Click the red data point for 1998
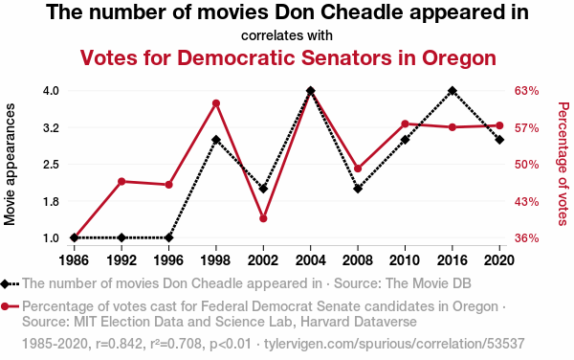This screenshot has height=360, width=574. pyautogui.click(x=216, y=103)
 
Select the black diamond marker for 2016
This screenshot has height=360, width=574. pyautogui.click(x=453, y=90)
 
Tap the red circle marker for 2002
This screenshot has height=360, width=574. pyautogui.click(x=263, y=218)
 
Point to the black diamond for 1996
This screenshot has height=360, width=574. pyautogui.click(x=168, y=237)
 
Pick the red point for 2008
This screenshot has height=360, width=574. pyautogui.click(x=358, y=169)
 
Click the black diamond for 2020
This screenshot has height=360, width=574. pyautogui.click(x=499, y=140)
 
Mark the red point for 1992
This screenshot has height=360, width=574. pyautogui.click(x=121, y=181)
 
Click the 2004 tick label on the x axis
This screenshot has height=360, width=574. pyautogui.click(x=310, y=260)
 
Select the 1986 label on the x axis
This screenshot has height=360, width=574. pyautogui.click(x=74, y=260)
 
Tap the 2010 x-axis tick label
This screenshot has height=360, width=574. pyautogui.click(x=405, y=260)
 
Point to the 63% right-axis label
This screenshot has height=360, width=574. pyautogui.click(x=526, y=91)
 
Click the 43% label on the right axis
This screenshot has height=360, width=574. pyautogui.click(x=526, y=202)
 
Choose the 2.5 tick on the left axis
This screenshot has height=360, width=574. pyautogui.click(x=51, y=165)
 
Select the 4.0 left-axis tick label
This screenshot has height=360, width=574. pyautogui.click(x=51, y=90)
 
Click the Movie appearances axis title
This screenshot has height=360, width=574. pyautogui.click(x=10, y=164)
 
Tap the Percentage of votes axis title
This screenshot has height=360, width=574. pyautogui.click(x=563, y=164)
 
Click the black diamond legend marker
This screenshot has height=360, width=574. pyautogui.click(x=5, y=283)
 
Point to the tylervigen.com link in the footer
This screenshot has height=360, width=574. pyautogui.click(x=394, y=344)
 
